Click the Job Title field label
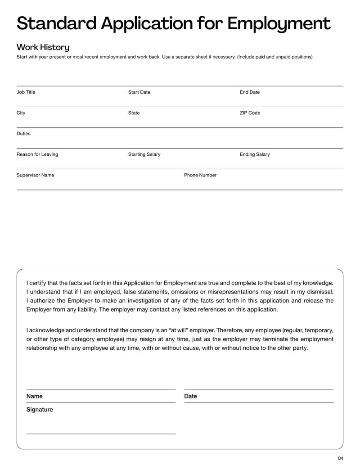[26, 92]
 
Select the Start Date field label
[139, 92]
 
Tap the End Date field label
[250, 92]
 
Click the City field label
[21, 113]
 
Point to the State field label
[134, 113]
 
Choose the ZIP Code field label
[250, 113]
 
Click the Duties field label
[23, 134]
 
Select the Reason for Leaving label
[37, 154]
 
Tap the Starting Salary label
[144, 154]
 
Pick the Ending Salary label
[255, 154]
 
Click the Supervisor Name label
[35, 175]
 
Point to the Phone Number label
[200, 175]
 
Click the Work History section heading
[43, 47]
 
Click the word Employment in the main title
[279, 23]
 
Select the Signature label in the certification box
[40, 410]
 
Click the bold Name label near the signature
[35, 396]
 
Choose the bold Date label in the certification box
[190, 396]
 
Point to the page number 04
[340, 458]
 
